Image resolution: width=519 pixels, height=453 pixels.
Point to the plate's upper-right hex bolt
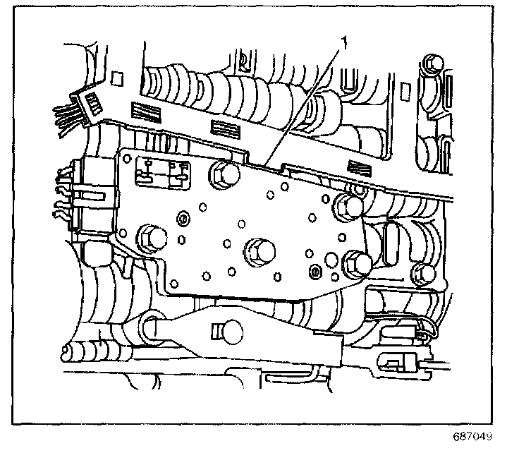(348, 205)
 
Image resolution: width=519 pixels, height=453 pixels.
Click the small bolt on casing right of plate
(422, 272)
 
